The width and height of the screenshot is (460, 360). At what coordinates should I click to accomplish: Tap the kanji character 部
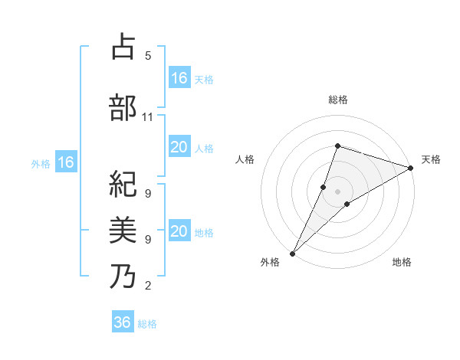(123, 108)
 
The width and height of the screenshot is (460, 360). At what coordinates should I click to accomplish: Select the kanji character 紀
(123, 185)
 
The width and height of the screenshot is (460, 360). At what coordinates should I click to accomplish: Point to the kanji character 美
(123, 230)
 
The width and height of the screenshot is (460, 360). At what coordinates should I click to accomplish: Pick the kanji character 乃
(123, 276)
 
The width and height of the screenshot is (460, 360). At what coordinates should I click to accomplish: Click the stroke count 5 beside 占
(147, 56)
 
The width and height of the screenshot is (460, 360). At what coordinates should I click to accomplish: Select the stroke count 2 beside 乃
(147, 286)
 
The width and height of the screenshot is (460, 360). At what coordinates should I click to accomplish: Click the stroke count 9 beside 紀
(147, 194)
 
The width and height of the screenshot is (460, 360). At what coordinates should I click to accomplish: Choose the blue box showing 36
(123, 322)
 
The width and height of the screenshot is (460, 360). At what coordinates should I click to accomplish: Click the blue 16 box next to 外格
(66, 162)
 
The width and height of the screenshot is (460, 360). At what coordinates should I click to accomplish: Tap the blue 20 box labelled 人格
(179, 147)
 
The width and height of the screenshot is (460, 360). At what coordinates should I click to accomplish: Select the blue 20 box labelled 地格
(179, 231)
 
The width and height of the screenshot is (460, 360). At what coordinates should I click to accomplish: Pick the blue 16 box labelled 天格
(179, 78)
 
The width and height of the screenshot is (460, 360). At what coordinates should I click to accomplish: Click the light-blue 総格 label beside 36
(147, 324)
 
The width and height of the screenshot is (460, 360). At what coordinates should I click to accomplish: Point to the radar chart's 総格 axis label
(337, 100)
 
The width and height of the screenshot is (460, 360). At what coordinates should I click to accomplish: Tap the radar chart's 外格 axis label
(270, 262)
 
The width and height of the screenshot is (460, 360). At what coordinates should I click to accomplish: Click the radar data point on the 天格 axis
(410, 169)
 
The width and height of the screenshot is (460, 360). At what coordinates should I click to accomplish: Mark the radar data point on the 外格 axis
(292, 253)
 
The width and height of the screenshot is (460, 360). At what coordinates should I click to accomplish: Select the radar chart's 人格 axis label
(245, 159)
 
